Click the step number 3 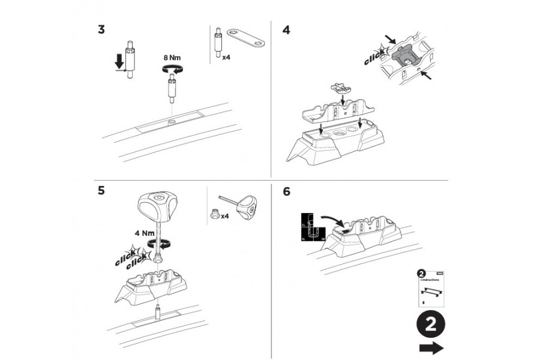click(101, 30)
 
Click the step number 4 click(286, 30)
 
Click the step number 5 click(101, 191)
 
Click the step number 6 click(286, 191)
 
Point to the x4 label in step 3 click(227, 58)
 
